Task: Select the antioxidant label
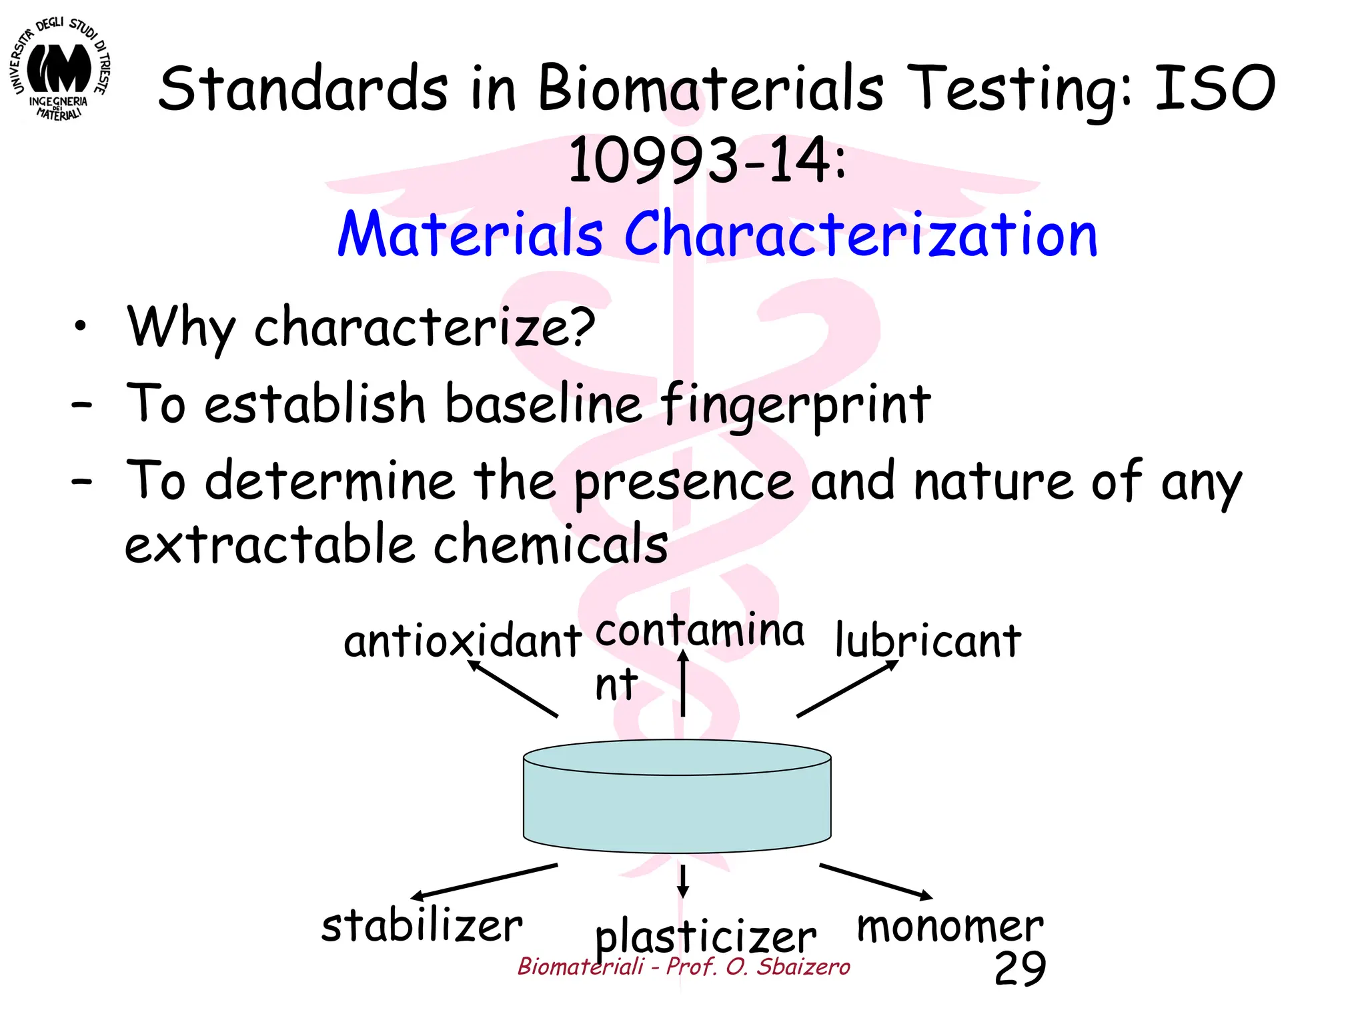tap(462, 641)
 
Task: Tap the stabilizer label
tap(422, 926)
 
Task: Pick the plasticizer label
tap(705, 937)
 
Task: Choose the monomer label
tap(950, 926)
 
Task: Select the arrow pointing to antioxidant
tap(512, 689)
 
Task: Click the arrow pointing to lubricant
tap(847, 689)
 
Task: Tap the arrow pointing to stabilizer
tap(484, 881)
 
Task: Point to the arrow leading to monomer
tap(876, 881)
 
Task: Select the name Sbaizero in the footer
tap(803, 966)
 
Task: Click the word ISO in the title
tap(1215, 88)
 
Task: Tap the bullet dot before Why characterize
tap(81, 326)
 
